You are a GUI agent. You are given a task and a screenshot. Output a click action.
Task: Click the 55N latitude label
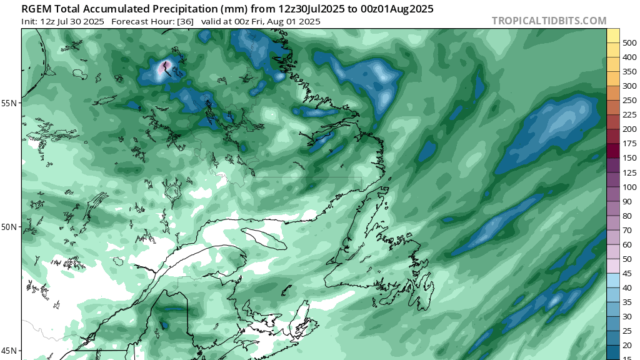[11, 102]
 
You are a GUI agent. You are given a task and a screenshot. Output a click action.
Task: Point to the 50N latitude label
[11, 226]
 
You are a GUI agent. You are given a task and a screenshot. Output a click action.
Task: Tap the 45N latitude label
[11, 350]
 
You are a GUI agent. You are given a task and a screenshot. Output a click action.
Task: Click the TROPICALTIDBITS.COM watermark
[549, 21]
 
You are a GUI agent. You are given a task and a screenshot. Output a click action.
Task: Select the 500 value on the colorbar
[629, 42]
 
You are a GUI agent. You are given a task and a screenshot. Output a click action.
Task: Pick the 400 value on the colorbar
[629, 57]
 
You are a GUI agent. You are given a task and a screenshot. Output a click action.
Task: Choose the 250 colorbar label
[629, 100]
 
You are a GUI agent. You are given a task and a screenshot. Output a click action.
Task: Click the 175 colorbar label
[629, 143]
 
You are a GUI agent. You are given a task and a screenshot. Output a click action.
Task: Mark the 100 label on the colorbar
[629, 187]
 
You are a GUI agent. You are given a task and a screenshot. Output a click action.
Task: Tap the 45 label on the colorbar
[627, 273]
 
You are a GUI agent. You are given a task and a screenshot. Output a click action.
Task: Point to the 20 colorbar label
[627, 345]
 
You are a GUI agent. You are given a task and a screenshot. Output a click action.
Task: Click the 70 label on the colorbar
[627, 230]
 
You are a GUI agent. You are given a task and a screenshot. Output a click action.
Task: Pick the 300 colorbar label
[629, 86]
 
